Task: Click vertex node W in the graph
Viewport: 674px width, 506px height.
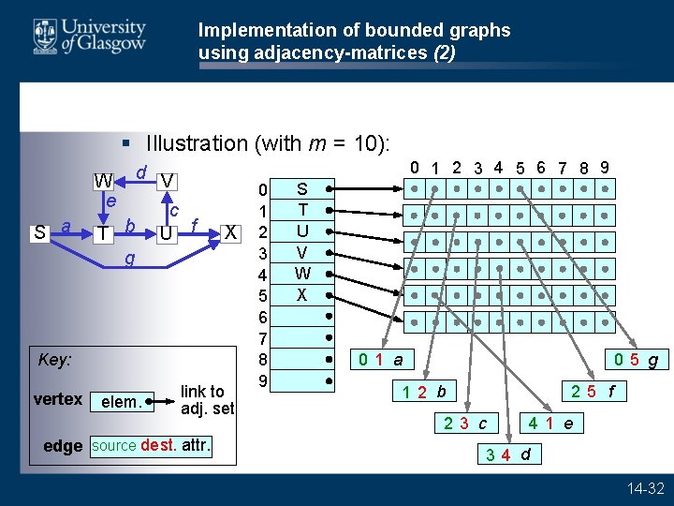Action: point(104,180)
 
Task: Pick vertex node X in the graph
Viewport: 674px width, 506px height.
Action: point(230,231)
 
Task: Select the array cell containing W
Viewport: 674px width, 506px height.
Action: point(301,275)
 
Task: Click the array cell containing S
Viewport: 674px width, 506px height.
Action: point(301,188)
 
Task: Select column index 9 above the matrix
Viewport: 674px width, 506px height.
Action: point(606,167)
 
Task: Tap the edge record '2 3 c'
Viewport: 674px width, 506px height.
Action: point(466,424)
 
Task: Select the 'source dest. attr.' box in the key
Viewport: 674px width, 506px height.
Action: point(152,446)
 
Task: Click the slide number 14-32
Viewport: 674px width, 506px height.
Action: point(646,488)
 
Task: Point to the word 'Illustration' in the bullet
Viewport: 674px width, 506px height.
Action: point(196,143)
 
